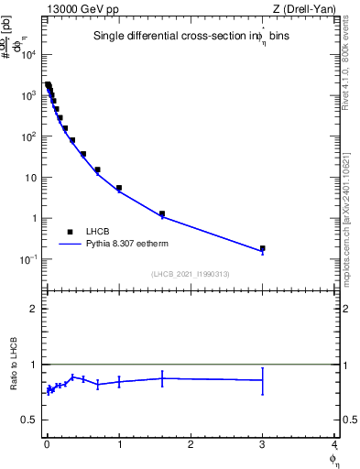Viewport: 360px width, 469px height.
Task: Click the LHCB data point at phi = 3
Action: (263, 248)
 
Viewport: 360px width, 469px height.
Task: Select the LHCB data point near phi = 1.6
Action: (162, 214)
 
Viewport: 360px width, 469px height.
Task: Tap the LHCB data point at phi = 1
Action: (119, 188)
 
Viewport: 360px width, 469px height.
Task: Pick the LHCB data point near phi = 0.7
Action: (97, 169)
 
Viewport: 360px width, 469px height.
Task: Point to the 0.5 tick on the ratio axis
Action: (33, 420)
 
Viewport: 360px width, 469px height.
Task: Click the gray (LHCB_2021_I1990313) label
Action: (190, 274)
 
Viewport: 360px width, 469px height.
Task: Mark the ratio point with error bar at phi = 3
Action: (263, 380)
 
